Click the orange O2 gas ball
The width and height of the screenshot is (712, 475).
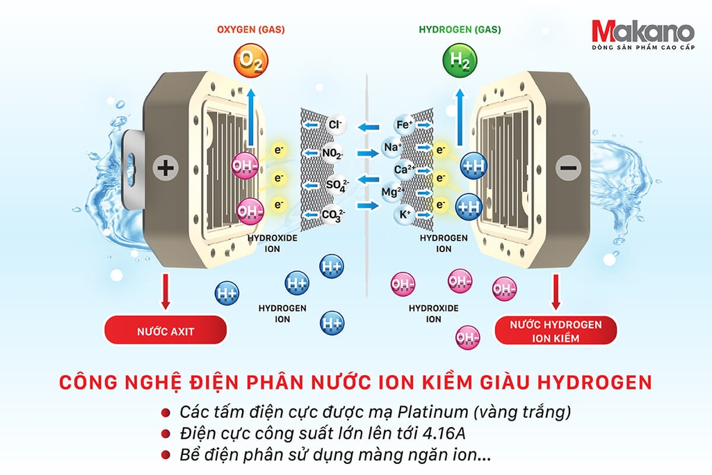click(250, 61)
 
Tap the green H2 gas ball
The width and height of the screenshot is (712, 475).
click(460, 61)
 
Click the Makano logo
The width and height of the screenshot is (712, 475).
click(643, 35)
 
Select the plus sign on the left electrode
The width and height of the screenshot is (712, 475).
click(165, 168)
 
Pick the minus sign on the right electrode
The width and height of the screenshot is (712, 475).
click(568, 168)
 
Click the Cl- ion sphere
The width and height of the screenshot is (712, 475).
click(336, 124)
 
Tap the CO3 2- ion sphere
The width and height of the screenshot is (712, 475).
click(334, 214)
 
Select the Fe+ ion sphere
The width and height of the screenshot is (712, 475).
click(404, 124)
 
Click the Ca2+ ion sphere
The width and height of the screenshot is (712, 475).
click(404, 170)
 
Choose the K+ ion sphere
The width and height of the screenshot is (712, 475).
click(405, 214)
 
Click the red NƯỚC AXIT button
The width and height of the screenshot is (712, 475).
click(165, 330)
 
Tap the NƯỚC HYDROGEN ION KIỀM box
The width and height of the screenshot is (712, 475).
click(556, 330)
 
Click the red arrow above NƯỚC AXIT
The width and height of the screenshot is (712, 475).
click(165, 291)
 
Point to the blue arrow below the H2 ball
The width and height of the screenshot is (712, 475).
click(460, 117)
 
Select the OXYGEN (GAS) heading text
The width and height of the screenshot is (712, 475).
click(250, 29)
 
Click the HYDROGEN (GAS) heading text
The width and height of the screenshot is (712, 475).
click(460, 29)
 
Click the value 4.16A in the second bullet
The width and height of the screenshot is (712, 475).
click(444, 433)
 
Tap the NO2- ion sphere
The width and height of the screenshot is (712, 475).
click(333, 154)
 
